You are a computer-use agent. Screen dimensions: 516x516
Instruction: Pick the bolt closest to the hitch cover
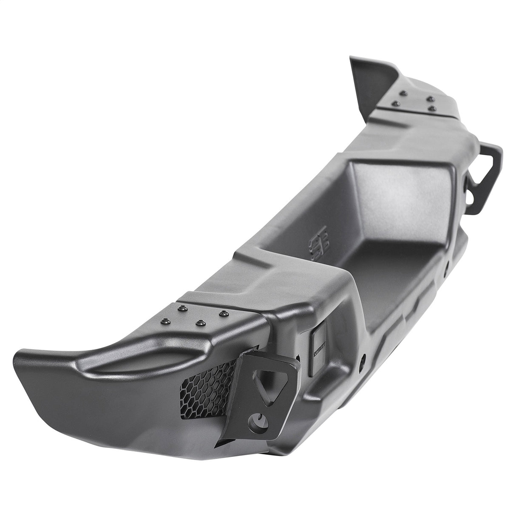pyautogui.click(x=221, y=314)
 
